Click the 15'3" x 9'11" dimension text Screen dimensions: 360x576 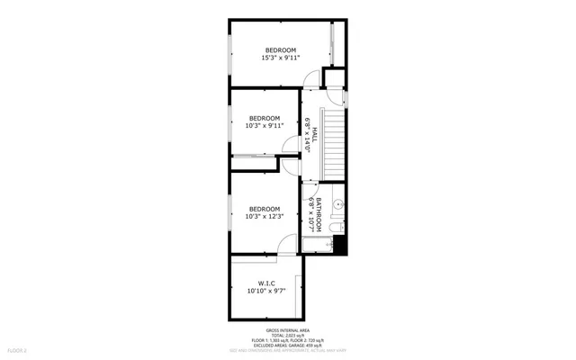[x=280, y=58]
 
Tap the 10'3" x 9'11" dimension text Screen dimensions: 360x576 [x=265, y=126]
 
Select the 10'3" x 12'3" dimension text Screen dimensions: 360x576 [x=265, y=217]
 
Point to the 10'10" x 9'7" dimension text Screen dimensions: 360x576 [x=266, y=292]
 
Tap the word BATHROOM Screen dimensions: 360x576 [x=318, y=213]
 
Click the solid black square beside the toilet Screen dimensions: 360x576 [x=339, y=244]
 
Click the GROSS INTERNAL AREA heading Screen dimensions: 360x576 [x=288, y=330]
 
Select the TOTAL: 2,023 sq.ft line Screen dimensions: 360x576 [x=288, y=336]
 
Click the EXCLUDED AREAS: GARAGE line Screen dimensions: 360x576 [x=288, y=345]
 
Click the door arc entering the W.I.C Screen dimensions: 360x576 [x=288, y=245]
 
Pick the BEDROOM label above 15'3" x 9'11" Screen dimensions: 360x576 [x=280, y=49]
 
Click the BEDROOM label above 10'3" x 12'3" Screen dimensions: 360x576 [x=265, y=208]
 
